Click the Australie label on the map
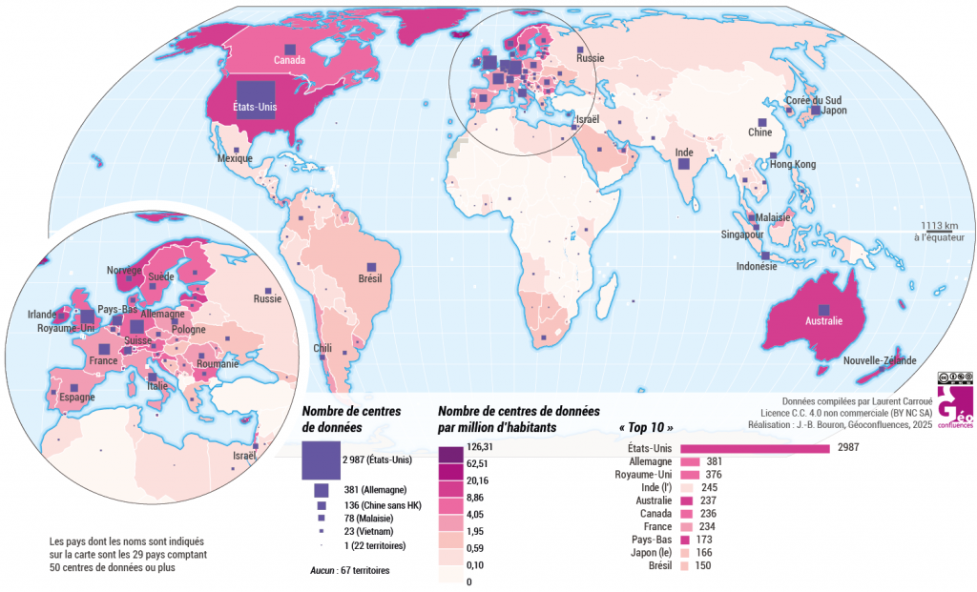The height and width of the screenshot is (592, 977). (824, 321)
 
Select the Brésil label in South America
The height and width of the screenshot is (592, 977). (369, 278)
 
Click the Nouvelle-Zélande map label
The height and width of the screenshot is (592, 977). (880, 360)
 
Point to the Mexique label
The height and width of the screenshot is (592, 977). (235, 158)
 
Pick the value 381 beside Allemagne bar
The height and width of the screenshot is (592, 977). (713, 460)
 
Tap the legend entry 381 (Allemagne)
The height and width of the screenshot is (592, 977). (367, 490)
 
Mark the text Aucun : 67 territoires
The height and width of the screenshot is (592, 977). (349, 570)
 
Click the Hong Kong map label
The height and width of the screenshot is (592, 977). (793, 165)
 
